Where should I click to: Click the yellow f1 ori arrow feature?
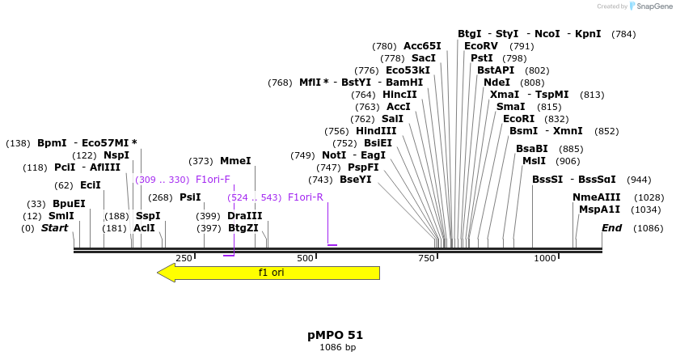(x=271, y=273)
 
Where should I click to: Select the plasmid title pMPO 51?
(x=335, y=335)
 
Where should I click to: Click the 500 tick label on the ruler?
(x=305, y=258)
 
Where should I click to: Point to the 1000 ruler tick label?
(x=544, y=258)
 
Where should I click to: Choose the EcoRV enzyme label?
(x=480, y=46)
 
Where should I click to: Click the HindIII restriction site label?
(x=376, y=131)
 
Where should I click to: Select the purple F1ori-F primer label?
(x=213, y=180)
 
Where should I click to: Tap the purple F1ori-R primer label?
(x=306, y=197)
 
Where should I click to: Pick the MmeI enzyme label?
(x=235, y=161)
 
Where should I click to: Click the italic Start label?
(x=55, y=228)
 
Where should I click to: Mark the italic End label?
(x=611, y=228)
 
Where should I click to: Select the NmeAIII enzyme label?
(x=596, y=197)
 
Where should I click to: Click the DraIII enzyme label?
(x=244, y=216)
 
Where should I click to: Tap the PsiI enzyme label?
(x=190, y=197)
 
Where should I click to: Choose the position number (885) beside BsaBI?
(x=571, y=149)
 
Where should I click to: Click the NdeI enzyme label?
(x=496, y=83)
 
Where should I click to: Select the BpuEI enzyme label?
(x=69, y=204)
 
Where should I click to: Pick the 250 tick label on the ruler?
(x=184, y=258)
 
